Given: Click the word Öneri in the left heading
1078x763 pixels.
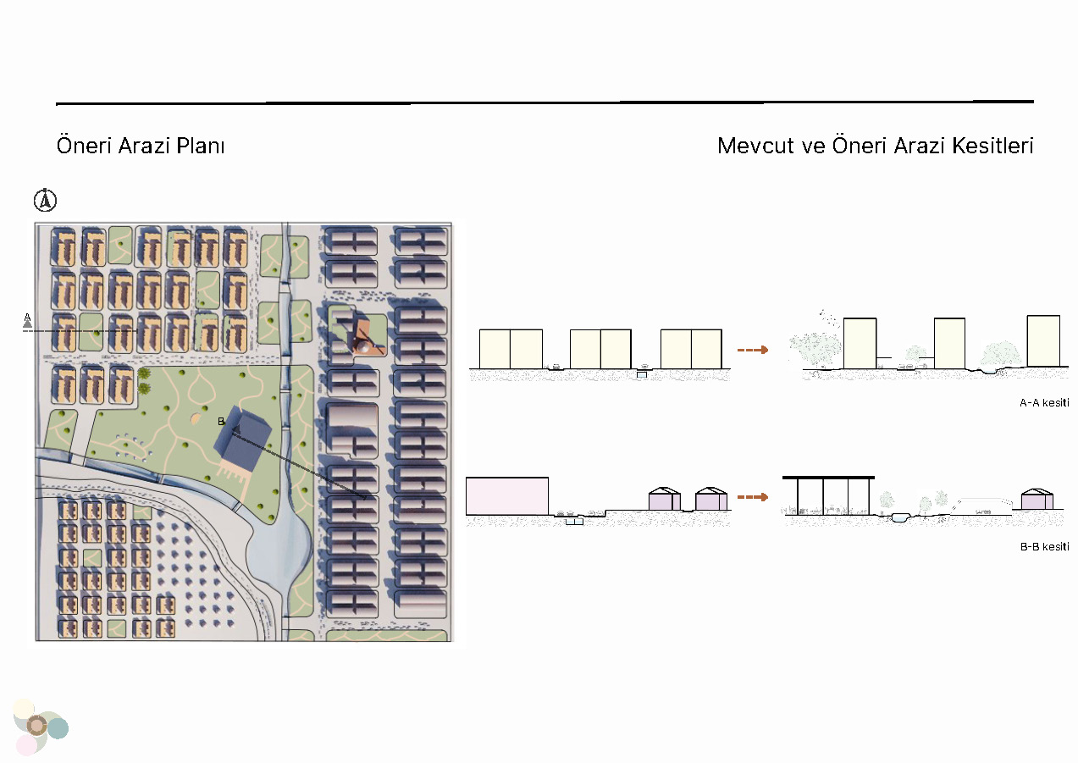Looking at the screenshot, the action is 85,146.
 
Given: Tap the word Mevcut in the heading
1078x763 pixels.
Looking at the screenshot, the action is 755,146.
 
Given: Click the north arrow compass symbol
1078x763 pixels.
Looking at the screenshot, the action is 45,200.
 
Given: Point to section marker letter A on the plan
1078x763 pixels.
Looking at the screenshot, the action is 27,318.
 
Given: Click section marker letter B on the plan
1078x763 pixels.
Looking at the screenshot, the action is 221,422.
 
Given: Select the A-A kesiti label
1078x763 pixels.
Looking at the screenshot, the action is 1044,403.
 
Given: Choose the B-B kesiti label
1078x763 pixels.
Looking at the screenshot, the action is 1044,547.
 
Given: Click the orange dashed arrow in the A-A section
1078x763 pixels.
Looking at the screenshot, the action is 753,350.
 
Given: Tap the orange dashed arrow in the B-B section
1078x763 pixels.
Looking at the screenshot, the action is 753,497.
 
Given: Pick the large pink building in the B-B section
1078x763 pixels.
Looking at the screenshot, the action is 507,496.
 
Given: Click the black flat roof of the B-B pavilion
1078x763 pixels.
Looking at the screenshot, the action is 828,478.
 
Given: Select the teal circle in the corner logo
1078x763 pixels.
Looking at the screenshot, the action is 58,728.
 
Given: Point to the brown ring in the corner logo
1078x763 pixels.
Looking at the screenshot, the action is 36,726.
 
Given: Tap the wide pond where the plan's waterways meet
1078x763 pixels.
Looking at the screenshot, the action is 279,549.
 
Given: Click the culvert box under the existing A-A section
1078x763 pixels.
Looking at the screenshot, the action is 642,374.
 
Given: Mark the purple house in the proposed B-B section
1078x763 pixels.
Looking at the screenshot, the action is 1037,499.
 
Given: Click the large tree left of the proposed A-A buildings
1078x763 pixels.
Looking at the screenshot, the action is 815,346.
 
